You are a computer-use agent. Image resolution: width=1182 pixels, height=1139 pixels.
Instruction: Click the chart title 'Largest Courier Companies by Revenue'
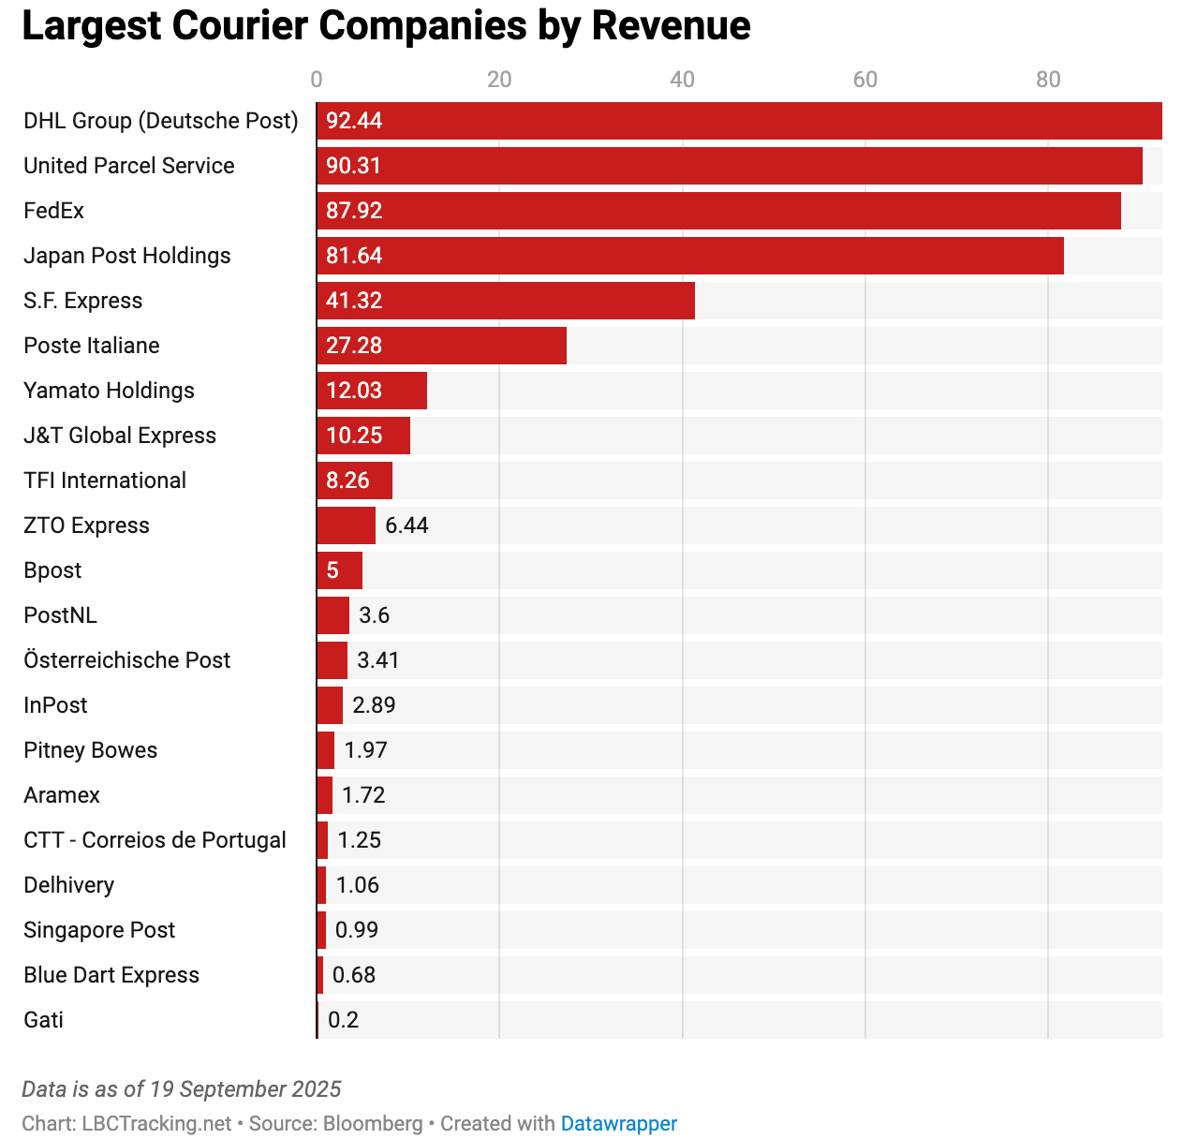point(386,26)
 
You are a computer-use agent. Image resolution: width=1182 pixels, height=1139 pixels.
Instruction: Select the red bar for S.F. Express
point(506,301)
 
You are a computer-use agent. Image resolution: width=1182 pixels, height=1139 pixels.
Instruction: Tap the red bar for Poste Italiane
point(441,346)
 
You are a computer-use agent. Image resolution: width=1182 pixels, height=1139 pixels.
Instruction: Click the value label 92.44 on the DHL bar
point(354,121)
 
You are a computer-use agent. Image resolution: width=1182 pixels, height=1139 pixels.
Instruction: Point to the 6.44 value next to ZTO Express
point(406,525)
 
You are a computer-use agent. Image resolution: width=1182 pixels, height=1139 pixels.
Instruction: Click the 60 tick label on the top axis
point(865,80)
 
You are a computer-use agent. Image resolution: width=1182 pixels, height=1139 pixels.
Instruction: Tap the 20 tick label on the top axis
point(499,80)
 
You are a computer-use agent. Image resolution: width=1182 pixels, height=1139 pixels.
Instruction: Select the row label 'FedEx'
point(53,211)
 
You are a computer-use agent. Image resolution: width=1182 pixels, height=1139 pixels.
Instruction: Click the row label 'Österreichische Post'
point(126,660)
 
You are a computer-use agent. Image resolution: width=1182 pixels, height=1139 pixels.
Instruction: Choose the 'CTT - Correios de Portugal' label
point(155,840)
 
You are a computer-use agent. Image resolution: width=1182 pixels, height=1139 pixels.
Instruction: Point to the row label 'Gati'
point(43,1020)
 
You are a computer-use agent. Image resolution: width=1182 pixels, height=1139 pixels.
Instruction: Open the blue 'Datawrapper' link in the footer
point(618,1123)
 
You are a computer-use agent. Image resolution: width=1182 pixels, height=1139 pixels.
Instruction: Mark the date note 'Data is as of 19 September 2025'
point(181,1089)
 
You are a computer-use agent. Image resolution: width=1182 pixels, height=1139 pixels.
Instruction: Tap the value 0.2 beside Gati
point(343,1020)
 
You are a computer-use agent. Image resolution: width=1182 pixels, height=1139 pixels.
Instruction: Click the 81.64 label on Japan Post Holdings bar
point(354,256)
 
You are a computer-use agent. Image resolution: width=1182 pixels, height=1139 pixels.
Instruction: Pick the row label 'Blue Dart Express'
point(111,975)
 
